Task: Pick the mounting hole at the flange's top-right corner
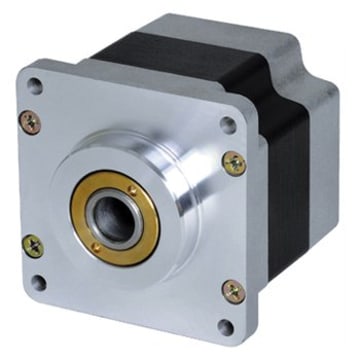tap(227, 126)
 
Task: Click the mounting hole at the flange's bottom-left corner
tap(39, 282)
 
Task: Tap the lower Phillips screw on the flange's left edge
tap(33, 244)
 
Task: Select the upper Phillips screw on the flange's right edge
tap(234, 162)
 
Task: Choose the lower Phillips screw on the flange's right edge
tap(233, 291)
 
